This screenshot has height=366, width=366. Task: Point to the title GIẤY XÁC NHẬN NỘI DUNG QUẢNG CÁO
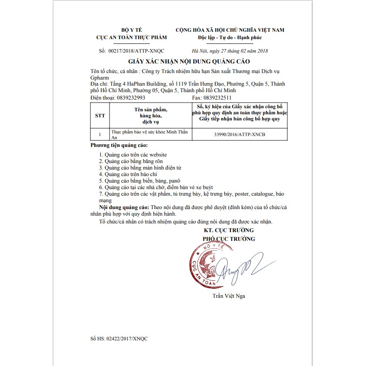tap(189, 62)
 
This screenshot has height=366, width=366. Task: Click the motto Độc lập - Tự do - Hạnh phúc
tap(230, 37)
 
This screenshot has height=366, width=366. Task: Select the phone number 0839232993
tap(131, 98)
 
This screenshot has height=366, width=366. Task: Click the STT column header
tap(100, 116)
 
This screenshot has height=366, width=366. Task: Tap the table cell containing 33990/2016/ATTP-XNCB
tap(240, 135)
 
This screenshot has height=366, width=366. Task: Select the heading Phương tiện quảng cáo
tap(119, 145)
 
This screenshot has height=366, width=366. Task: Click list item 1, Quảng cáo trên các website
tap(133, 154)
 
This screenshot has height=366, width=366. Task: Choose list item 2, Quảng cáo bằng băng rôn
tap(130, 161)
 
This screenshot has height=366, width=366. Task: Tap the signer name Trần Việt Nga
tap(229, 296)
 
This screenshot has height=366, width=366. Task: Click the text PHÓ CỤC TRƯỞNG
tap(229, 239)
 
